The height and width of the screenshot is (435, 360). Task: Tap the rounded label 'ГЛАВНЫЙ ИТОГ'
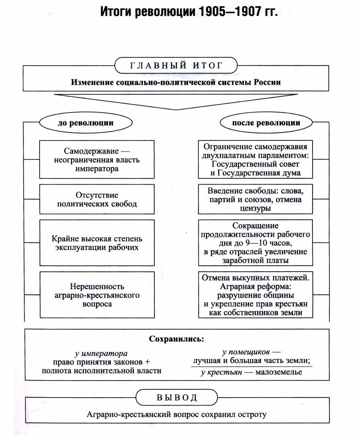pos(176,66)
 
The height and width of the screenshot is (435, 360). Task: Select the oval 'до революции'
pos(86,123)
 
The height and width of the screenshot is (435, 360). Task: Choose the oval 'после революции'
pos(266,123)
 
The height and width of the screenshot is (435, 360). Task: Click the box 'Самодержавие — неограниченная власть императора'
pos(97,160)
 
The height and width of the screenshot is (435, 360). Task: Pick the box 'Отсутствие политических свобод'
pos(97,199)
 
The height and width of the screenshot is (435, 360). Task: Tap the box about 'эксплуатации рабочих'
pos(97,243)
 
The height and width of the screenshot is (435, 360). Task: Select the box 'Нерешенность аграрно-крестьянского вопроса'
pos(97,295)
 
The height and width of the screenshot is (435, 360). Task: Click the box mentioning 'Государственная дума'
pos(255,160)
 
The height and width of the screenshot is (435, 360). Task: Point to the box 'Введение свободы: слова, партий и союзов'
pos(255,199)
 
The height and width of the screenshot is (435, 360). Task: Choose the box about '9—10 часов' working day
pos(255,243)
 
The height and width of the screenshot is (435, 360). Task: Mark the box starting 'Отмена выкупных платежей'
pos(255,295)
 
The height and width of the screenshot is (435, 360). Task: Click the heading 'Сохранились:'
pos(177,339)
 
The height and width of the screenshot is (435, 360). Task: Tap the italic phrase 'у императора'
pos(101,353)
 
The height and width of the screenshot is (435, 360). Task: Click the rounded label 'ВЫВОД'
pos(177,397)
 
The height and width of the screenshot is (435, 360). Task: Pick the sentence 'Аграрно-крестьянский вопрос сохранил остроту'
pos(177,415)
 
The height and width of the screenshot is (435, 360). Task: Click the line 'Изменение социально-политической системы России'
pos(176,83)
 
